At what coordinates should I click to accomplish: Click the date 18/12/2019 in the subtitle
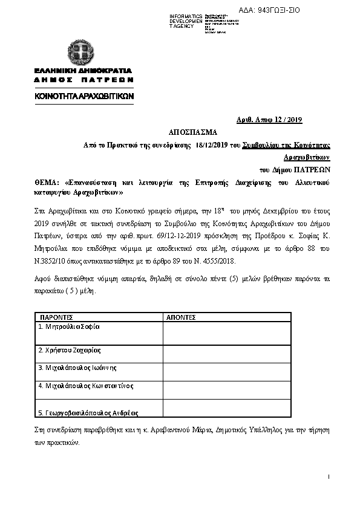coord(211,145)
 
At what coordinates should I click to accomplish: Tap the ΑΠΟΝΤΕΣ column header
coord(180,316)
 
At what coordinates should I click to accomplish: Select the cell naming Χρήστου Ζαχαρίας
coord(69,350)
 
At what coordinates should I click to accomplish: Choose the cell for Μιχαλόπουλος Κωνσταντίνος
coord(85,385)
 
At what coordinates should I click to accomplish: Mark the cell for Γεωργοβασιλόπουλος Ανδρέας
coord(88,413)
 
